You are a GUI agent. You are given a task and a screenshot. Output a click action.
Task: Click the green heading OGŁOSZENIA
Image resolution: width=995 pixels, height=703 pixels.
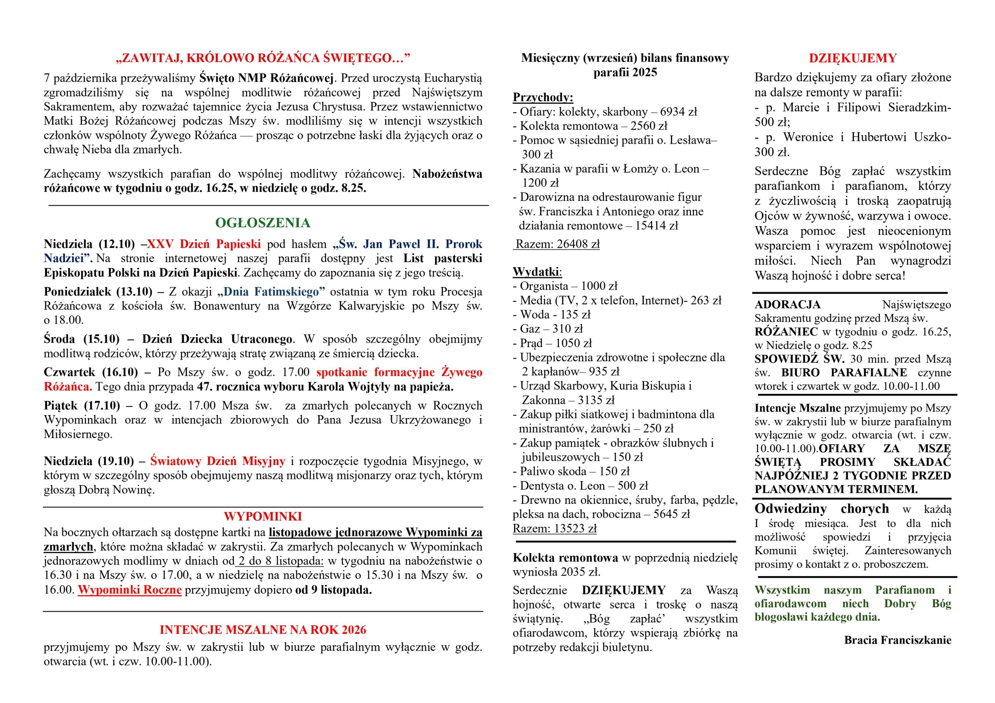click(x=263, y=223)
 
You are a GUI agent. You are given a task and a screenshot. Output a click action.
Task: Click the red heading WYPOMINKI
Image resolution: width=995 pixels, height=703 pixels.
click(x=263, y=516)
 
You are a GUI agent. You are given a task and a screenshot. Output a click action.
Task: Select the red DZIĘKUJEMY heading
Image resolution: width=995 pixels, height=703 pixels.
click(x=852, y=58)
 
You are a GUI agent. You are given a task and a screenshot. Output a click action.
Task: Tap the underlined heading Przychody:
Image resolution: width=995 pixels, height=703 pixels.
click(x=543, y=97)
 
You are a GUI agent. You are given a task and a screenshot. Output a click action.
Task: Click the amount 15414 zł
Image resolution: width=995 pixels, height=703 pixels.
click(x=656, y=226)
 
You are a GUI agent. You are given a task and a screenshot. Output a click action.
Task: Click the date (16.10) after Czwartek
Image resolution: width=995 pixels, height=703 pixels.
click(x=120, y=372)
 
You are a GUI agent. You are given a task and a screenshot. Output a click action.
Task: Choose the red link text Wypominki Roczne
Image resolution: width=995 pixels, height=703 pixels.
click(x=129, y=590)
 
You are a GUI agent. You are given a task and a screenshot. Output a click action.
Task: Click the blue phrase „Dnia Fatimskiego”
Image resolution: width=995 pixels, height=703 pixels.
click(x=271, y=292)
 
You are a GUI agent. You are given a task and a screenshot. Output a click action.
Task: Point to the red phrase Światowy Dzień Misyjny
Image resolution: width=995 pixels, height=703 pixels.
click(x=218, y=461)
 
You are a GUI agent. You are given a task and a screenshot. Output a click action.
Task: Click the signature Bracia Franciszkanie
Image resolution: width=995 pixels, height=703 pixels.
click(x=897, y=640)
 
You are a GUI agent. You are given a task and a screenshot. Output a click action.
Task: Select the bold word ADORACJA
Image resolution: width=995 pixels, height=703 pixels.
click(x=787, y=305)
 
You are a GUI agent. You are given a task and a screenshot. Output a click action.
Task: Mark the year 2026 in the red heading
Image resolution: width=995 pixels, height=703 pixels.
click(x=353, y=629)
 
